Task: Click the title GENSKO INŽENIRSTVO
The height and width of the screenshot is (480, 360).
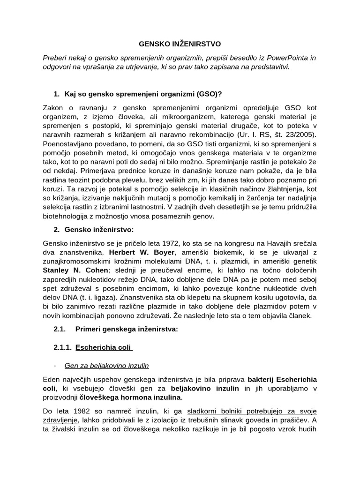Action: pyautogui.click(x=180, y=44)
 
